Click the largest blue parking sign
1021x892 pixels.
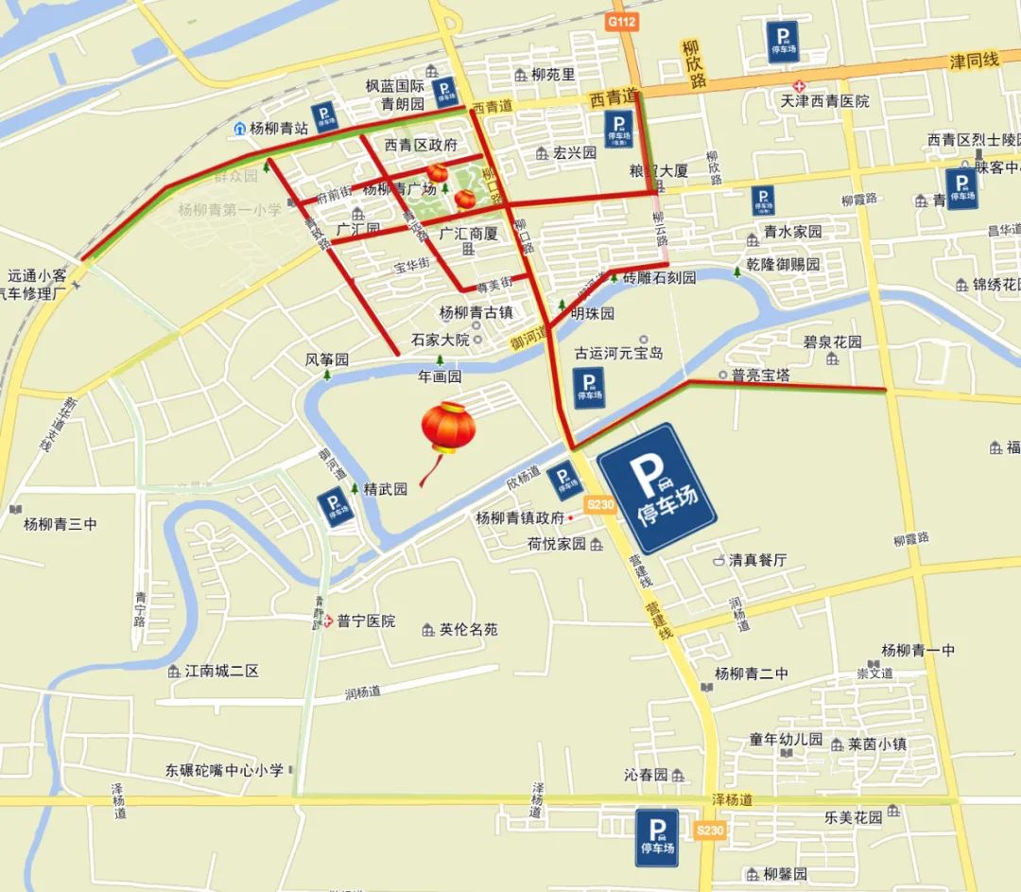tap(657, 488)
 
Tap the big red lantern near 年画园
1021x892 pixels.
tap(448, 429)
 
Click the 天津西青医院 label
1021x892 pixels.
tap(823, 100)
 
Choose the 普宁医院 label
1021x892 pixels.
tap(365, 621)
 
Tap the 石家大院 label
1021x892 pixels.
tap(440, 339)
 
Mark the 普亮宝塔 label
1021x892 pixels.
tap(760, 376)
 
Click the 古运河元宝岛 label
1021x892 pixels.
tap(619, 353)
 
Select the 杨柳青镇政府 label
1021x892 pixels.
tap(520, 517)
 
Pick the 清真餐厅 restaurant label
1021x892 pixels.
tap(757, 559)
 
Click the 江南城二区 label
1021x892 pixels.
tap(221, 671)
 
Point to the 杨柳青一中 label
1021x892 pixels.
tap(917, 650)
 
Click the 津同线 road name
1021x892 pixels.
tap(974, 61)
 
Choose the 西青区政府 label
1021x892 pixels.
tap(421, 145)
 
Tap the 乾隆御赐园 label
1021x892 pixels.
tap(782, 265)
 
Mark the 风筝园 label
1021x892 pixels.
tap(327, 360)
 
